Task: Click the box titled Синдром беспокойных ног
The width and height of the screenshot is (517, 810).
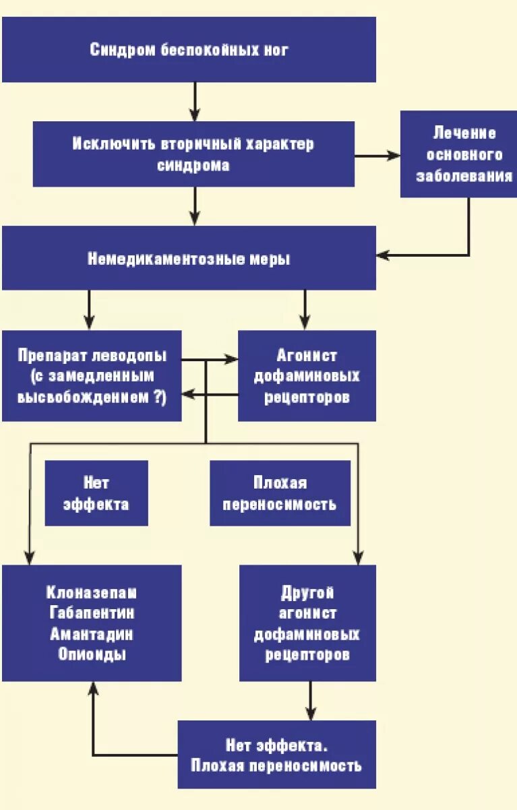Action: pyautogui.click(x=189, y=50)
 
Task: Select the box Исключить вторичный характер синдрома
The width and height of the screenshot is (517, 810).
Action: pyautogui.click(x=193, y=154)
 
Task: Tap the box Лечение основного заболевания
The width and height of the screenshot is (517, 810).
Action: pyautogui.click(x=458, y=154)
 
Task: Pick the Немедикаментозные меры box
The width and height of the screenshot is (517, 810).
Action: pyautogui.click(x=189, y=259)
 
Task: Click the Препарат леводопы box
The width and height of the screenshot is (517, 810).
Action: pyautogui.click(x=92, y=376)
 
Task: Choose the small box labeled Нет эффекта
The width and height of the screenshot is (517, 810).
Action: pyautogui.click(x=96, y=493)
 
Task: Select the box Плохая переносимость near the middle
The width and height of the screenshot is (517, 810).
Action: pyautogui.click(x=280, y=493)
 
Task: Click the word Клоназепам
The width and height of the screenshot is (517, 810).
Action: pyautogui.click(x=92, y=593)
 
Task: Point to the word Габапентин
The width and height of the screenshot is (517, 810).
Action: pyautogui.click(x=92, y=613)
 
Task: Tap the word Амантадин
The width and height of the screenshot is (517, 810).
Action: pyautogui.click(x=92, y=634)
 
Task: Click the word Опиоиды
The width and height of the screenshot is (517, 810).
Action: pyautogui.click(x=92, y=654)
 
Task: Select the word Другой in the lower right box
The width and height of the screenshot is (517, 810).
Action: pyautogui.click(x=307, y=593)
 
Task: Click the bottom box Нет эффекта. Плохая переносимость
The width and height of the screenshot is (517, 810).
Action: pyautogui.click(x=276, y=755)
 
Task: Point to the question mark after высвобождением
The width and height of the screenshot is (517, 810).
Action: pyautogui.click(x=160, y=397)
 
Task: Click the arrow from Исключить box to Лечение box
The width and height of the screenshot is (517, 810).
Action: pyautogui.click(x=377, y=155)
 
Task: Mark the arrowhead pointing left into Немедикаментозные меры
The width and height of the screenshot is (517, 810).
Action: pyautogui.click(x=382, y=255)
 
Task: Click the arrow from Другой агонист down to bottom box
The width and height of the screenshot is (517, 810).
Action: pyautogui.click(x=311, y=701)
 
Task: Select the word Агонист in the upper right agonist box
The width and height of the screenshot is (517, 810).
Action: pyautogui.click(x=307, y=355)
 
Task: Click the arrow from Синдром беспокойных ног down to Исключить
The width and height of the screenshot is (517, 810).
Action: pyautogui.click(x=195, y=101)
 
